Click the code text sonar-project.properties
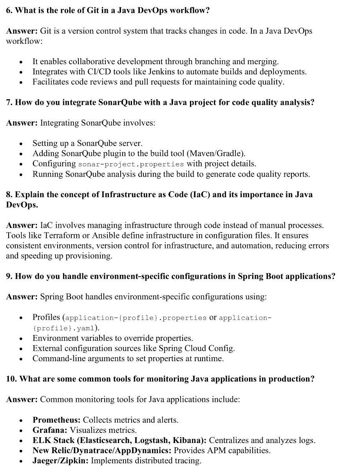pyautogui.click(x=131, y=164)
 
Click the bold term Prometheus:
pyautogui.click(x=57, y=420)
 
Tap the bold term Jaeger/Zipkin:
pyautogui.click(x=61, y=461)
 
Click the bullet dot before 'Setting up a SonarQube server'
pyautogui.click(x=21, y=144)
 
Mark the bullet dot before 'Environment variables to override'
pyautogui.click(x=21, y=339)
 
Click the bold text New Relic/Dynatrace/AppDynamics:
pyautogui.click(x=102, y=450)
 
